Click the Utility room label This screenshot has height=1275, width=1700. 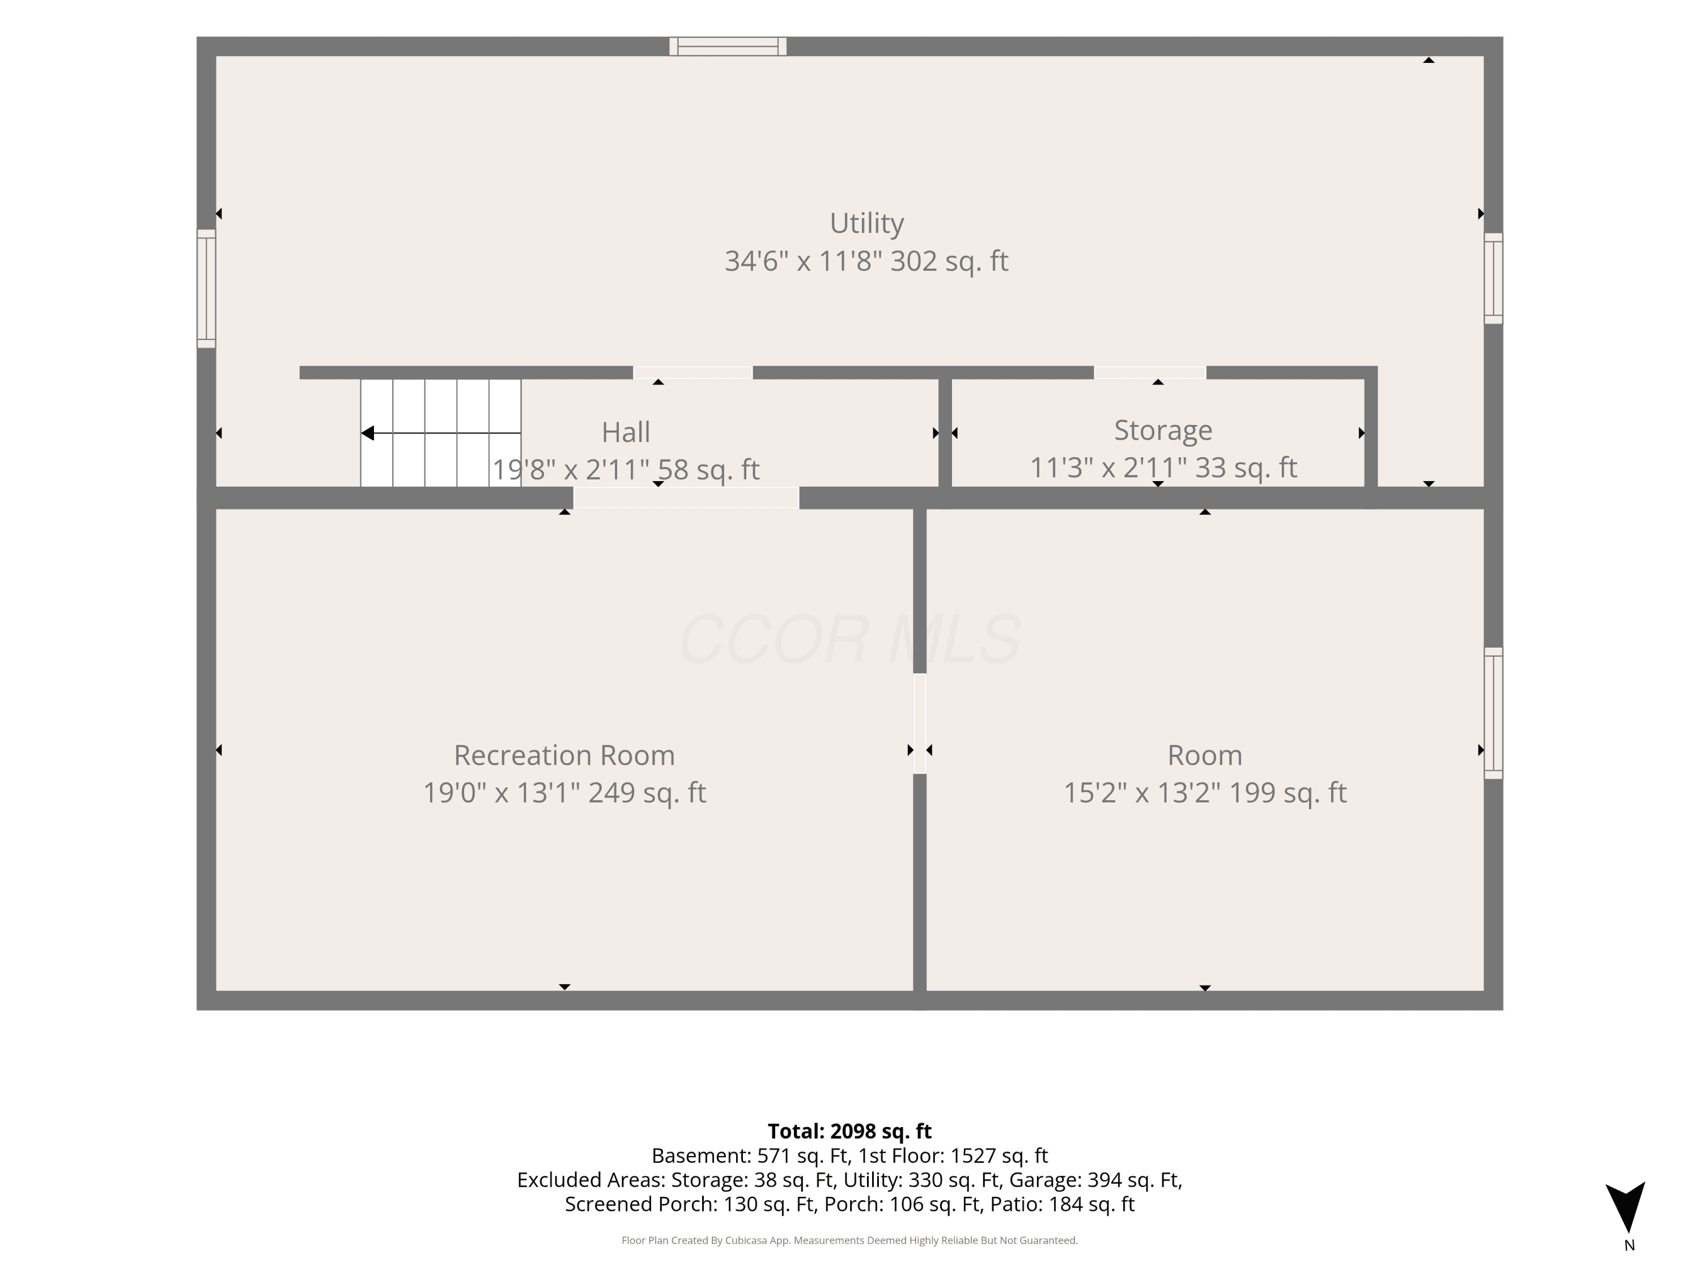click(866, 224)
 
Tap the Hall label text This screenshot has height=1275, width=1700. click(626, 432)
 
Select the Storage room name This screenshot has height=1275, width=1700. click(1163, 430)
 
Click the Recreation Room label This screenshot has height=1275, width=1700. click(564, 755)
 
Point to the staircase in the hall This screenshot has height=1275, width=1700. click(440, 433)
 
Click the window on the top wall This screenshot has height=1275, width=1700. click(728, 46)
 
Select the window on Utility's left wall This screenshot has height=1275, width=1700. click(206, 288)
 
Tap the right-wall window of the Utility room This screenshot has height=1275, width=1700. click(1493, 278)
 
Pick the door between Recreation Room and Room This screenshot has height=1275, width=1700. click(919, 723)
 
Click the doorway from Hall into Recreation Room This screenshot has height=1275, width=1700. click(686, 498)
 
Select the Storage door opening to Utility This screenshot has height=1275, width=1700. click(1150, 373)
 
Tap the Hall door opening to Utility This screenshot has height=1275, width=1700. click(692, 373)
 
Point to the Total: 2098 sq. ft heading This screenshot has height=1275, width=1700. click(849, 1131)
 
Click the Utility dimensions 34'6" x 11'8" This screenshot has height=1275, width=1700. click(803, 261)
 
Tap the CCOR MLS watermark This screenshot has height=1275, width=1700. click(850, 639)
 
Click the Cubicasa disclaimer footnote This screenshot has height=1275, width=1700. click(849, 1240)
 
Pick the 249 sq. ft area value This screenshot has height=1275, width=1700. click(647, 792)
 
